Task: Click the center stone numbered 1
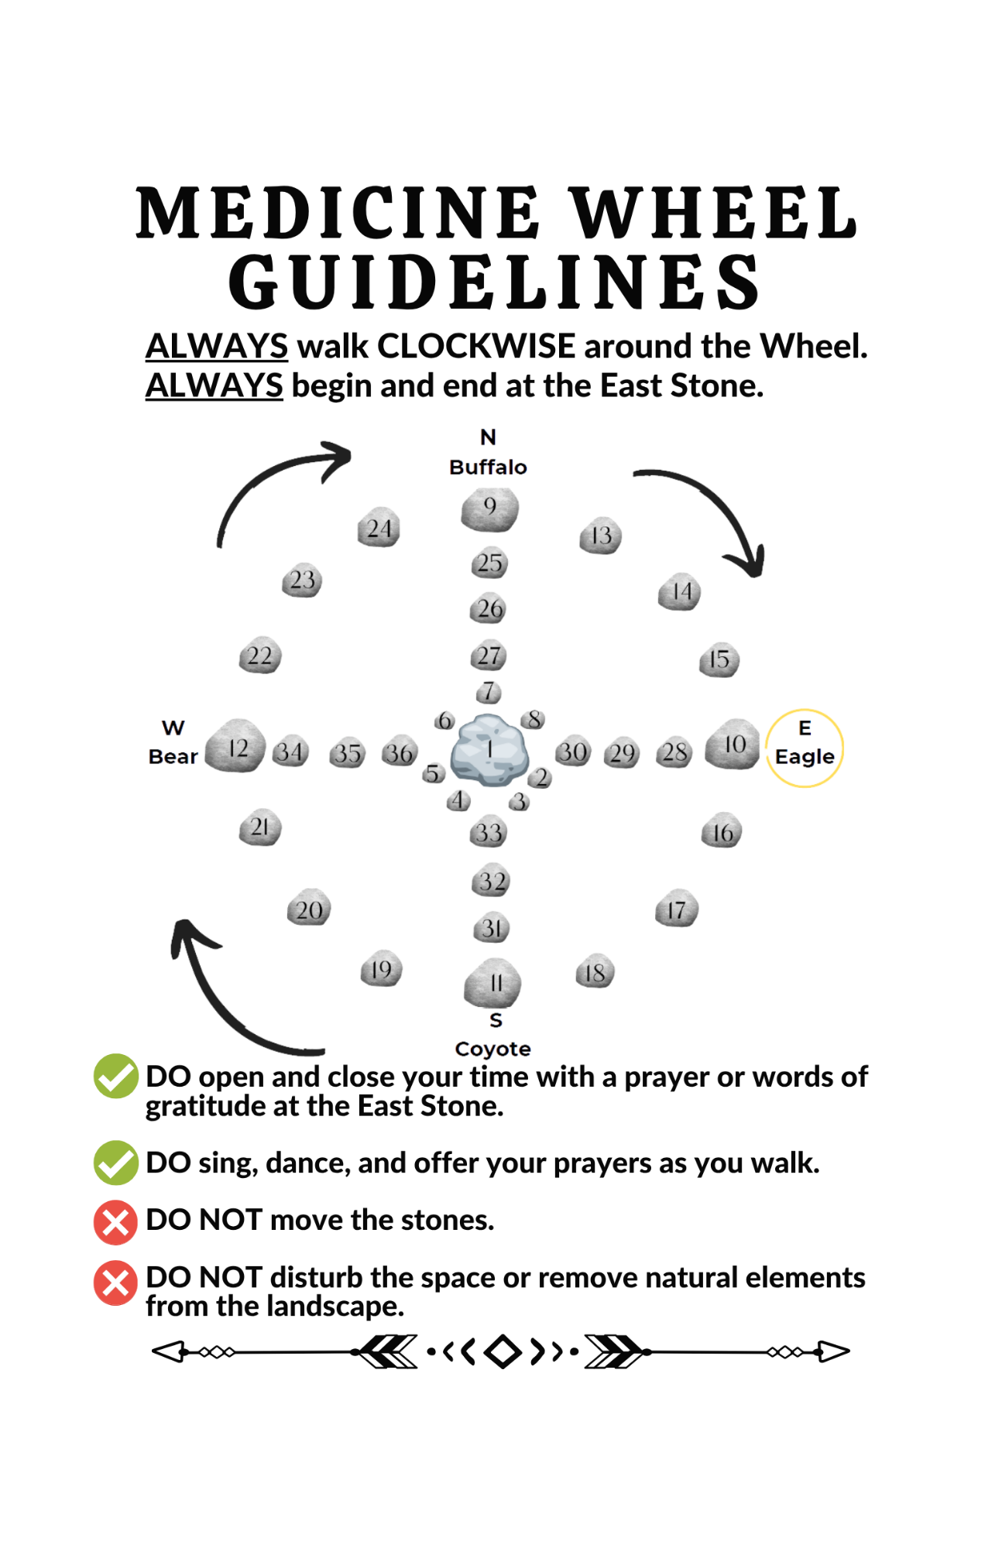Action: coord(489,750)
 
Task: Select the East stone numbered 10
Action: coord(733,745)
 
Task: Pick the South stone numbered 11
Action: coord(493,983)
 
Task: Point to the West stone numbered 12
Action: coord(236,747)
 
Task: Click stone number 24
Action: coord(379,529)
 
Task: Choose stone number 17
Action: coord(677,909)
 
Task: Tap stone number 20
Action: coord(309,909)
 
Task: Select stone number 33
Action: coord(489,832)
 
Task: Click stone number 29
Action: coord(622,753)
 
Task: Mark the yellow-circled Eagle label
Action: coord(805,748)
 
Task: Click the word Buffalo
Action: coord(488,467)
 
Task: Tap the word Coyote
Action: coord(492,1049)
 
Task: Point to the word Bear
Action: coord(173,756)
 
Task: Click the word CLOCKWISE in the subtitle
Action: coord(476,346)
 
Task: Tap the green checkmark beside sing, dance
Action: coord(115,1162)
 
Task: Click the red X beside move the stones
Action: coord(115,1221)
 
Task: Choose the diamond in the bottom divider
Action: coord(503,1351)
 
